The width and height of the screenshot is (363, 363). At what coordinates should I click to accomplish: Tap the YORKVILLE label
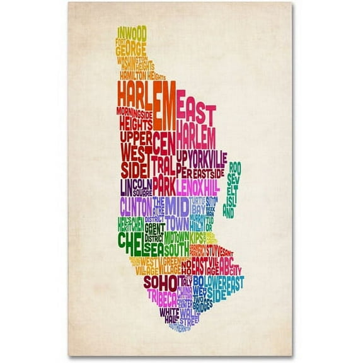click(205, 154)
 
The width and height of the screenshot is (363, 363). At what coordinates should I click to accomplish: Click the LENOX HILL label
click(198, 187)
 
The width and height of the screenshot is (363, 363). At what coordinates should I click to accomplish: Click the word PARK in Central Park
click(163, 187)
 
